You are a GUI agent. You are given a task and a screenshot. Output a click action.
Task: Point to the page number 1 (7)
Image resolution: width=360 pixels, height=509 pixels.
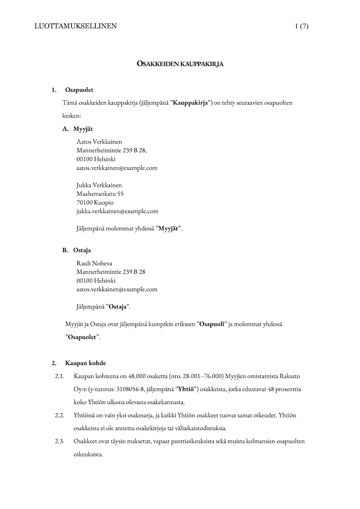tap(301, 26)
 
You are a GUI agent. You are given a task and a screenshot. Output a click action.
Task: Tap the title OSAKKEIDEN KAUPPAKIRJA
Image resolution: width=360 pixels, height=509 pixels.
tap(180, 64)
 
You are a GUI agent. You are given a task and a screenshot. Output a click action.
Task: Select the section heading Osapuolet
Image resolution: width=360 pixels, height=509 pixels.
tap(79, 90)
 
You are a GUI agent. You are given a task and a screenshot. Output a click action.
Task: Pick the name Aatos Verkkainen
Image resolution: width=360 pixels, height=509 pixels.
tap(99, 141)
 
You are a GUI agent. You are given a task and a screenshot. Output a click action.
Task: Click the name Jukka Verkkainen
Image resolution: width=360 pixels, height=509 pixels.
tap(99, 185)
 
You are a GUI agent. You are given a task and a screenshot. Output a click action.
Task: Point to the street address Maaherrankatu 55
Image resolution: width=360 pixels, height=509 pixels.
tap(100, 193)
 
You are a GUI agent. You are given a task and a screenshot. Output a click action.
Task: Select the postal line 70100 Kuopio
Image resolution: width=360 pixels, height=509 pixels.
tap(95, 202)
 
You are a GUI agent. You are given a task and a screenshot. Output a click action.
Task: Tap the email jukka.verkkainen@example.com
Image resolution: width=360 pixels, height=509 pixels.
tap(117, 211)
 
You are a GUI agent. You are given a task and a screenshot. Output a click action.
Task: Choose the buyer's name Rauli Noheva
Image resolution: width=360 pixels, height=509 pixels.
tap(94, 263)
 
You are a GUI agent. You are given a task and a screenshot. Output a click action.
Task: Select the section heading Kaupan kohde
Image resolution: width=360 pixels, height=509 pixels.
tap(86, 363)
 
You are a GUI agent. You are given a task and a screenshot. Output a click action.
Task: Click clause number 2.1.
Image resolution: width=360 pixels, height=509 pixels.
tap(60, 376)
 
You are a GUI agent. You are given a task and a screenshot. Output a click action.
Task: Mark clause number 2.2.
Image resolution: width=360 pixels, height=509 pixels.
tap(60, 415)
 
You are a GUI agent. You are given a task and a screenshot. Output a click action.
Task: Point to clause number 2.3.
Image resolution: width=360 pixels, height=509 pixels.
tap(60, 441)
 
